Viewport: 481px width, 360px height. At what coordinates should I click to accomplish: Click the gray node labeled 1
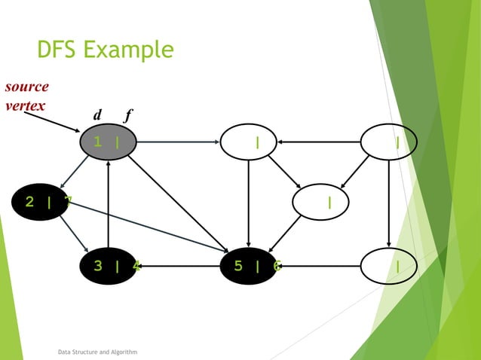[x=109, y=142]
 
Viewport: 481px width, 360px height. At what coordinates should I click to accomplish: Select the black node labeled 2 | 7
[x=41, y=201]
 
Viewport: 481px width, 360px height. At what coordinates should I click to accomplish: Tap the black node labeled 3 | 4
[x=109, y=265]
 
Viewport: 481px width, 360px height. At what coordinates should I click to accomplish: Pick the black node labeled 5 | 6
[x=248, y=265]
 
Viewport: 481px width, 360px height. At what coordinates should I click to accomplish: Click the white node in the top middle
[x=248, y=142]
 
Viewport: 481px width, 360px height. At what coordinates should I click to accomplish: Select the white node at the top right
[x=388, y=142]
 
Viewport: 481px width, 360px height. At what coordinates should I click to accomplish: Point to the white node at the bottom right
[x=388, y=265]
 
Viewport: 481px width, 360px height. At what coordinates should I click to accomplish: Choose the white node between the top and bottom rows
[x=320, y=201]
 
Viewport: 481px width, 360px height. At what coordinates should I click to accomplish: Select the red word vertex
[x=24, y=105]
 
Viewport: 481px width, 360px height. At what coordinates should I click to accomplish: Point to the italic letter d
[x=97, y=115]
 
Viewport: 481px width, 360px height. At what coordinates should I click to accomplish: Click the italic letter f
[x=128, y=115]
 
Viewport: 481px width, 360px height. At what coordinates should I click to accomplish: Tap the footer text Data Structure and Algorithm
[x=97, y=352]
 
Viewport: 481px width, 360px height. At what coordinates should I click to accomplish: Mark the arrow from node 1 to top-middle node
[x=178, y=142]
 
